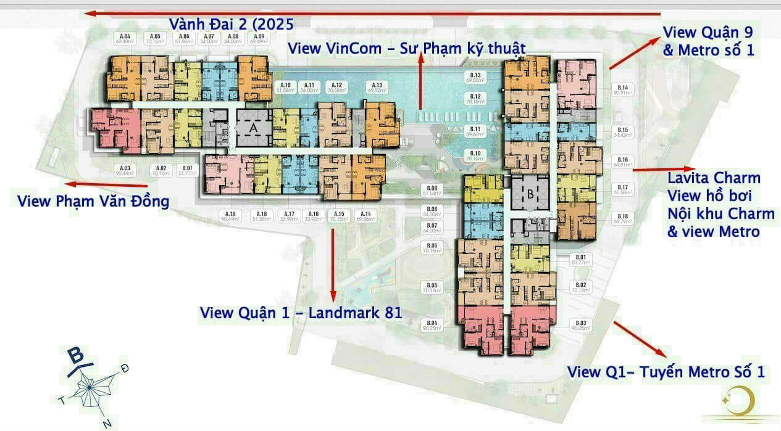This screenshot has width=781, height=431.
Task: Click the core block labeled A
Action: pos(253,128)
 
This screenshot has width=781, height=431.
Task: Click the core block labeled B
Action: pos(529,193)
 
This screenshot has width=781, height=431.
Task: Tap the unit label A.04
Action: pos(124,38)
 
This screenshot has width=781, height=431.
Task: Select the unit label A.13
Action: pos(377,87)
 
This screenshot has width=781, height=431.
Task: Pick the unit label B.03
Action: pos(580,326)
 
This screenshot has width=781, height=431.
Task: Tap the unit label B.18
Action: pos(622,218)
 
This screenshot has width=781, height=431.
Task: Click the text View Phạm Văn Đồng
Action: pos(93,202)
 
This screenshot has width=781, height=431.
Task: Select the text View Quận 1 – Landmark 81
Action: pos(301,313)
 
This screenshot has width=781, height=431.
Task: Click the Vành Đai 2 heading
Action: pos(231,25)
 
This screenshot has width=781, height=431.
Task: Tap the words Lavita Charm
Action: pos(714,178)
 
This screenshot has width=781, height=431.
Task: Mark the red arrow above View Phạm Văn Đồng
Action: pos(108,184)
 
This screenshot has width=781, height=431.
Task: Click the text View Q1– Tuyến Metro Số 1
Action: pos(666,372)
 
